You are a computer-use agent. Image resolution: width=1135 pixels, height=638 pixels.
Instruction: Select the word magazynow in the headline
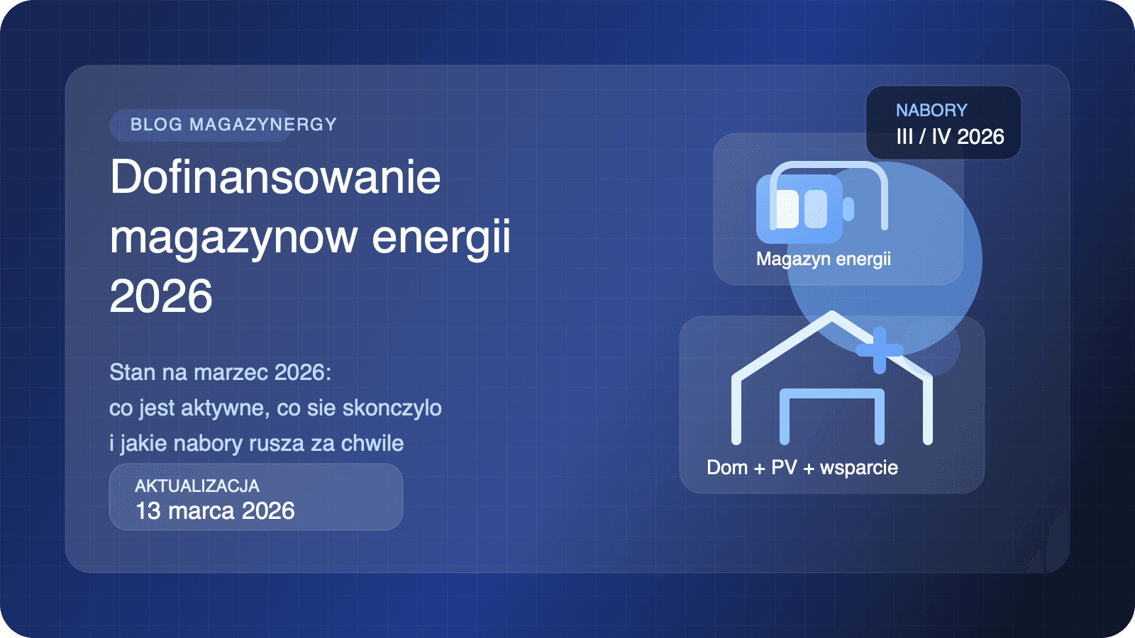click(x=233, y=237)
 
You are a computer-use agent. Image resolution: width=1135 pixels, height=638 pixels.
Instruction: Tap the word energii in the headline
click(x=441, y=237)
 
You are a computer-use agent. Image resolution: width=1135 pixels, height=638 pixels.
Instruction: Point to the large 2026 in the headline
click(x=161, y=296)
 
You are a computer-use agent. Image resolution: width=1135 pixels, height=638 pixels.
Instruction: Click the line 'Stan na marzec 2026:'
click(x=220, y=372)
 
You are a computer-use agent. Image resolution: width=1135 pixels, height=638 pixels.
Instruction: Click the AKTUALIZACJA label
click(x=197, y=486)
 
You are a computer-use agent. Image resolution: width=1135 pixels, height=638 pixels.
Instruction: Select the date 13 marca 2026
click(x=215, y=511)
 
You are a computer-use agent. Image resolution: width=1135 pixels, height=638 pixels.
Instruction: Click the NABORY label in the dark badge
click(x=931, y=111)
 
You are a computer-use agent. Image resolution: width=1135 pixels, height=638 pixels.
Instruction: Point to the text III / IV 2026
click(x=950, y=137)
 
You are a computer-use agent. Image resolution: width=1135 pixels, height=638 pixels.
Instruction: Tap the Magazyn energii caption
click(x=824, y=259)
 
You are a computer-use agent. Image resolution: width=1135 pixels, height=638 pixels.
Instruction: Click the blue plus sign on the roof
click(x=880, y=350)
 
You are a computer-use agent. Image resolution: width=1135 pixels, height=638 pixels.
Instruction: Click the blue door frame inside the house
click(x=832, y=415)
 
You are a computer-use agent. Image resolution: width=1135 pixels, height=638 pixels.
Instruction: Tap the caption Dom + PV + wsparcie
click(x=802, y=468)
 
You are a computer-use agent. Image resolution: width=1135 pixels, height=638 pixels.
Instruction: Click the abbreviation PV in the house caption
click(x=784, y=468)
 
